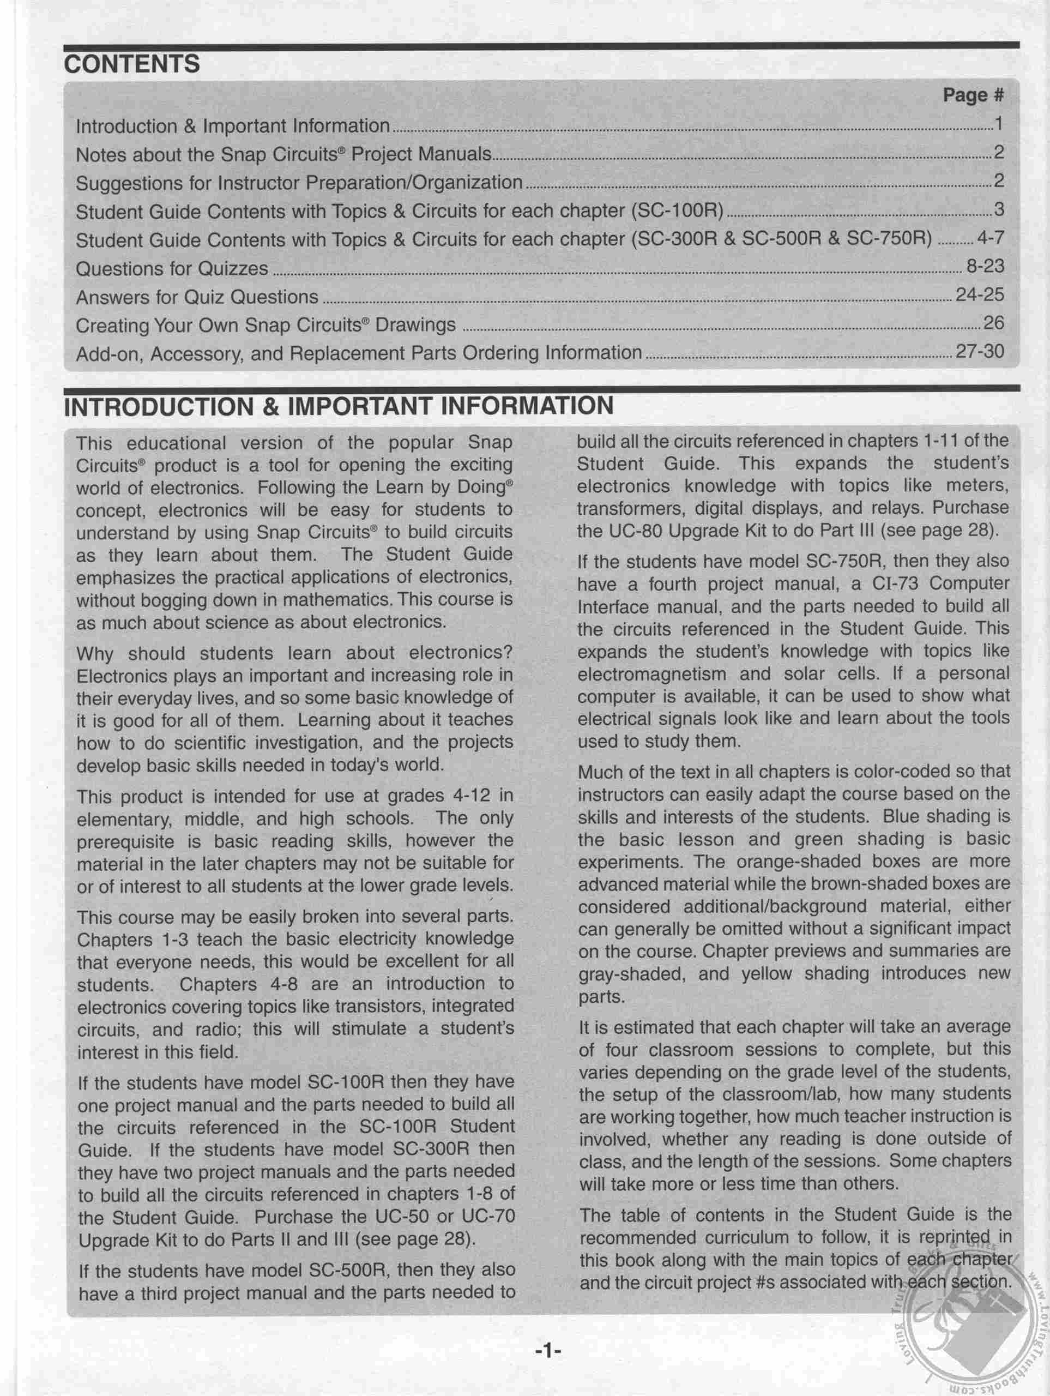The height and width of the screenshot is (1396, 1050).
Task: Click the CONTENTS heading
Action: (132, 64)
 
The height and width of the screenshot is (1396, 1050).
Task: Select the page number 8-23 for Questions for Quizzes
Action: (985, 266)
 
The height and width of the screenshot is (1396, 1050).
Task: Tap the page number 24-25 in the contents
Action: (979, 294)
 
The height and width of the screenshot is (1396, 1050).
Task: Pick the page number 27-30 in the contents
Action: (979, 351)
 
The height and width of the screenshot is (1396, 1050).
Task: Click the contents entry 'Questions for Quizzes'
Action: (172, 269)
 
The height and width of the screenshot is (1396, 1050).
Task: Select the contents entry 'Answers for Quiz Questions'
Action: (197, 297)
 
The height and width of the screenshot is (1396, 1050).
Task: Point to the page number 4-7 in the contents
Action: (989, 238)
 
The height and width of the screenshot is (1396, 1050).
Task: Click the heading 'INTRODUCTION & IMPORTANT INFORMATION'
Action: (338, 406)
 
